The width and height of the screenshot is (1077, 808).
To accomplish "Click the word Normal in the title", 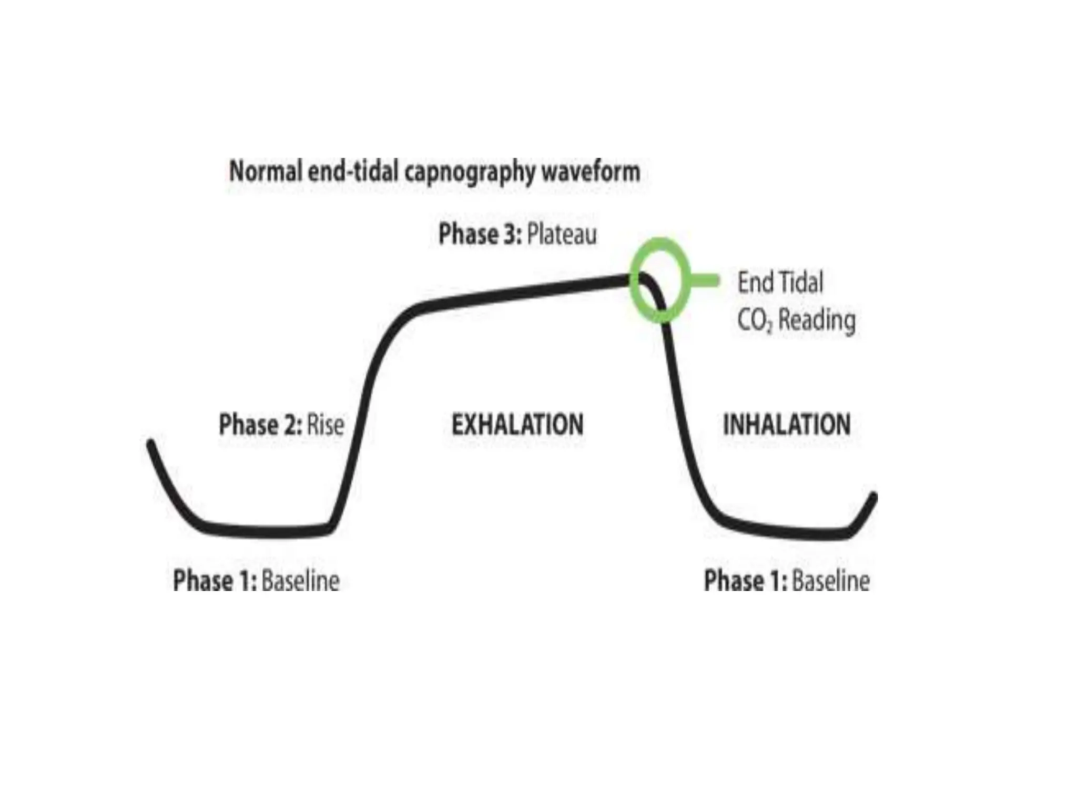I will point(266,171).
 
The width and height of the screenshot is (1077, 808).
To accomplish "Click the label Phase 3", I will point(480,235).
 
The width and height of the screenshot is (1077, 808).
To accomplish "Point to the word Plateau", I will point(562,235).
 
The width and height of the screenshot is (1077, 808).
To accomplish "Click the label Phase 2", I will point(260,425).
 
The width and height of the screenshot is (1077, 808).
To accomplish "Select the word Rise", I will point(326,425).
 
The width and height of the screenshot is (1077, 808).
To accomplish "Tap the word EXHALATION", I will point(517,425).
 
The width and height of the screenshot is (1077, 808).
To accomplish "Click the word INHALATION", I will point(787,425).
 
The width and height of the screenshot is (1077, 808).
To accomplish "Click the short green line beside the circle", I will point(705,281).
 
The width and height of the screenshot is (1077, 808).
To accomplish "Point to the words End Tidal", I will point(780,282).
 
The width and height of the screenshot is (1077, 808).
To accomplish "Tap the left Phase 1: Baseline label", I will point(256,581).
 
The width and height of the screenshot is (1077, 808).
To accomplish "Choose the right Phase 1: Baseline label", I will point(787,581).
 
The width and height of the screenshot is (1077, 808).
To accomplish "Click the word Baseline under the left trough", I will point(300,581).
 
